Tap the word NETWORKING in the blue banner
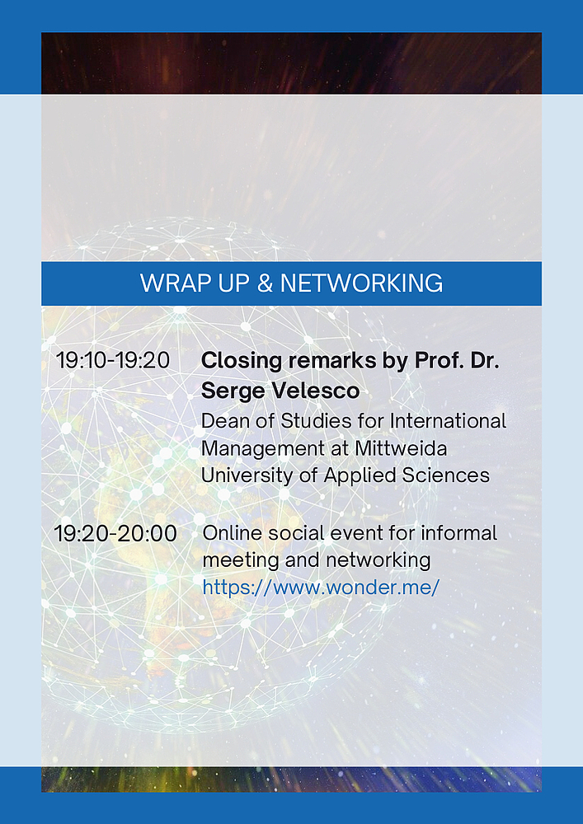coord(362,283)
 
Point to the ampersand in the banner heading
coord(265,283)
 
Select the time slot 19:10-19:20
coord(113,361)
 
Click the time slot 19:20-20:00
coord(115,533)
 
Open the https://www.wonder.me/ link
coord(321,587)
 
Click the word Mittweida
coord(401,448)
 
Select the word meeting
coord(241,561)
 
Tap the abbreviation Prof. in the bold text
coord(435,361)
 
